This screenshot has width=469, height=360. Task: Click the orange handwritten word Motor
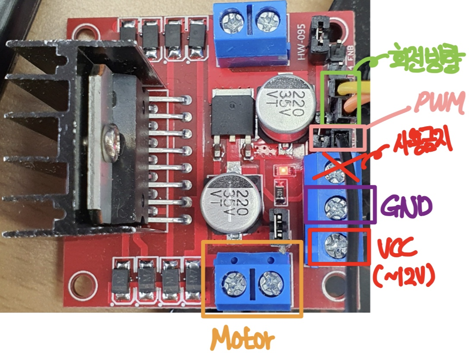click(244, 339)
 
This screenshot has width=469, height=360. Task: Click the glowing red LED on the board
click(284, 170)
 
